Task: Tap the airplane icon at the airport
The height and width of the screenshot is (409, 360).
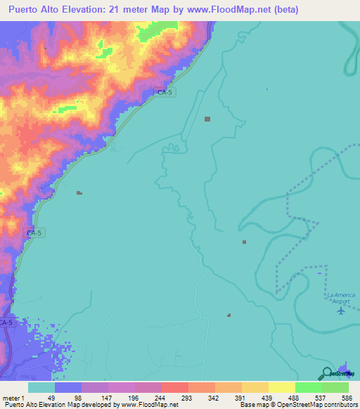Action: pos(342,309)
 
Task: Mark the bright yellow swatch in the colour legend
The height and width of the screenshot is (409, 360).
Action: pos(282,387)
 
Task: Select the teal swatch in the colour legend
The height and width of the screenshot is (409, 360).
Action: pos(41,387)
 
